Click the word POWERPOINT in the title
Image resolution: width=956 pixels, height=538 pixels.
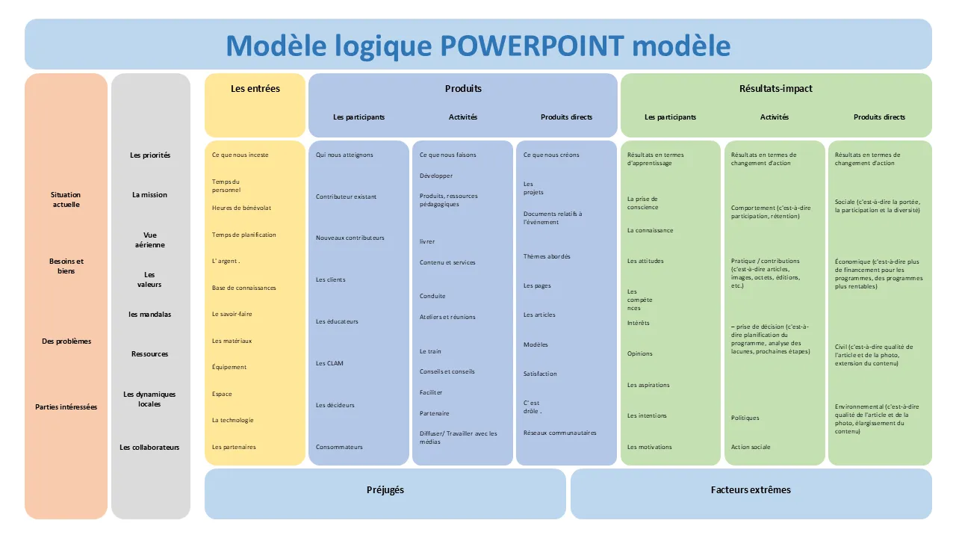pos(532,46)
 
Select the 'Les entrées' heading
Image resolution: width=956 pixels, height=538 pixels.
pos(255,88)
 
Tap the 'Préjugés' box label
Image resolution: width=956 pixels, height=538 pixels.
pos(385,490)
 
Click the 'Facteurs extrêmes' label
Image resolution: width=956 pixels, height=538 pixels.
pos(751,490)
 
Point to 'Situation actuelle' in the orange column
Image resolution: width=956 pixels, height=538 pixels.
pos(66,200)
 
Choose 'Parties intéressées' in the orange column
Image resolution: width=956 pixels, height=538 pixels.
pos(66,407)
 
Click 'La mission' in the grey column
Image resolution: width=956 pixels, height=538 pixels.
pos(149,195)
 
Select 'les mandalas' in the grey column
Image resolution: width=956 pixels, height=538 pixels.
pos(149,315)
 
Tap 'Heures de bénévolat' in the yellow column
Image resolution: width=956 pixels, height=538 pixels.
pos(241,208)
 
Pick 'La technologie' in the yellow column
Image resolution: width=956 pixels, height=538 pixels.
pos(233,420)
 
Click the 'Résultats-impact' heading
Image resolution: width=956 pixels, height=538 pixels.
pos(776,88)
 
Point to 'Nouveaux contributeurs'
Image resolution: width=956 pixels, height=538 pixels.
pos(350,238)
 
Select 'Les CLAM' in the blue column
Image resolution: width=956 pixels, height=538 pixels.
pos(329,363)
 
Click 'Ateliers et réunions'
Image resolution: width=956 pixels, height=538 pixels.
pos(447,317)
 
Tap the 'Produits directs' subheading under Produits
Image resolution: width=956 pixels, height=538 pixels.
pos(566,117)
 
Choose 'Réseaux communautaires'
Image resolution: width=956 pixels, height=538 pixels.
pos(560,433)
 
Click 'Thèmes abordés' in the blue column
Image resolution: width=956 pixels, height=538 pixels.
pos(547,256)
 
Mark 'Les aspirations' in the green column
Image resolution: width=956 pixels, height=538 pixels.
pos(648,385)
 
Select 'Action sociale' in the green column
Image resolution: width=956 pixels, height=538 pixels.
pos(751,447)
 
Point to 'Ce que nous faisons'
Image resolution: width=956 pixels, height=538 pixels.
pos(447,155)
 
